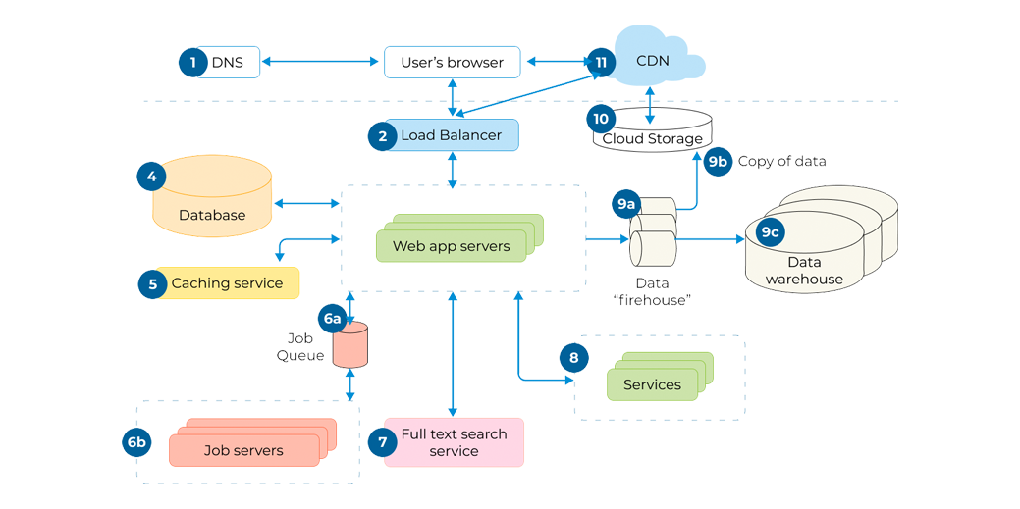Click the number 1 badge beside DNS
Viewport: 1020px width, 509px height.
[193, 63]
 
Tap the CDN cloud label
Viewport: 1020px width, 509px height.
[653, 61]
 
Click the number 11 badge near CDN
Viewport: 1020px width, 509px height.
[601, 62]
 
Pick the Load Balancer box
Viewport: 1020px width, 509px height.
[452, 135]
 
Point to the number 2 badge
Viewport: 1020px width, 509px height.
[382, 136]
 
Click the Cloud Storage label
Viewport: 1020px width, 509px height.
[652, 138]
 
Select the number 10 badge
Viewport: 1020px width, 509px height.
[601, 119]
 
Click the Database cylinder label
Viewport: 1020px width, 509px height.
[212, 215]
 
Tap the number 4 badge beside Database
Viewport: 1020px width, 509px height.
[151, 178]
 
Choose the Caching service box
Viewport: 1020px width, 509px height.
[227, 283]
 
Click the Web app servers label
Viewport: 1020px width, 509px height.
[452, 246]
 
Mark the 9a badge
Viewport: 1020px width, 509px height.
[625, 204]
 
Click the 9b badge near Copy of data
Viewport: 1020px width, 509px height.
[718, 162]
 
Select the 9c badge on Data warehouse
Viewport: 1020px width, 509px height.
[770, 232]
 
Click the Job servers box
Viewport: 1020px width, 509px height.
[243, 450]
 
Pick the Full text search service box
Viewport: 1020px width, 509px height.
[454, 442]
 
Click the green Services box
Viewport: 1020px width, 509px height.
[652, 384]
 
